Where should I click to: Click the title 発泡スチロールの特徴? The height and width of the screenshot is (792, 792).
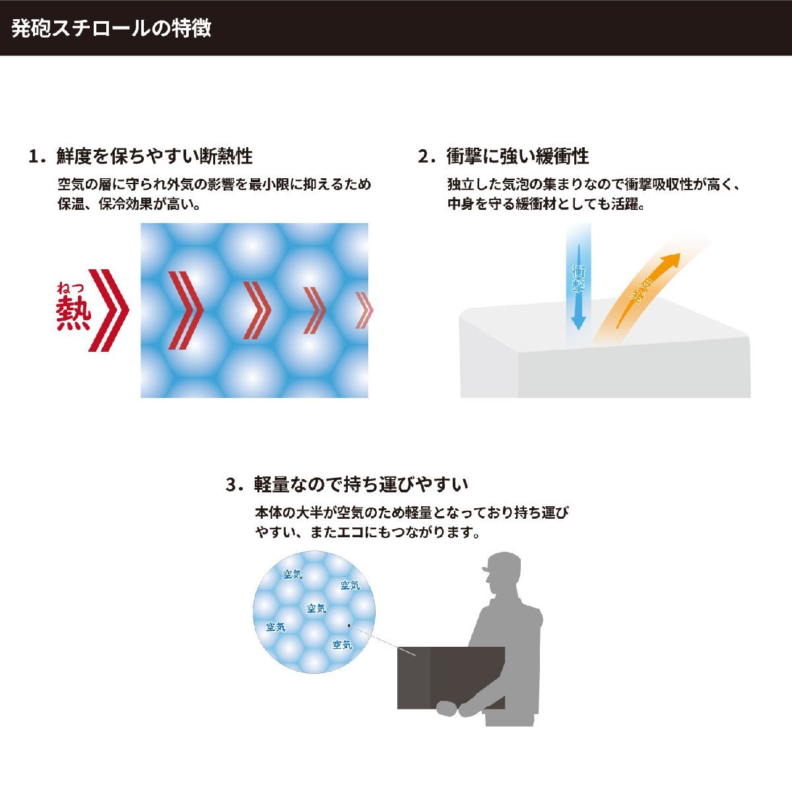112,28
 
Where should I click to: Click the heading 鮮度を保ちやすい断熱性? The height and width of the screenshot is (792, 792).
154,156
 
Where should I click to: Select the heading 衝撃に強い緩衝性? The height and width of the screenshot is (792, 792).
517,156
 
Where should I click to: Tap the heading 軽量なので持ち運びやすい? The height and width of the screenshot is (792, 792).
361,484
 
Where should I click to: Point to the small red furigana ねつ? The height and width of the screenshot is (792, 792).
71,287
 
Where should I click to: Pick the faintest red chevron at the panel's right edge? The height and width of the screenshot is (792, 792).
363,310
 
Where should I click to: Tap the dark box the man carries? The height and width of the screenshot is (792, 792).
451,677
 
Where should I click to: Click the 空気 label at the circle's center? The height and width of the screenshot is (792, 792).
317,609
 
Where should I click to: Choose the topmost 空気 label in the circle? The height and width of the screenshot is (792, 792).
292,575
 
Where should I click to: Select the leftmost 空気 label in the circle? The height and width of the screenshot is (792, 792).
276,627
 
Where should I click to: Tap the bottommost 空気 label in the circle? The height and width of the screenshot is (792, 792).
342,645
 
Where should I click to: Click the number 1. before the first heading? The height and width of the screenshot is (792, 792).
37,157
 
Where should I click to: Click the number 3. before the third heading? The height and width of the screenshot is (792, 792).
234,485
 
